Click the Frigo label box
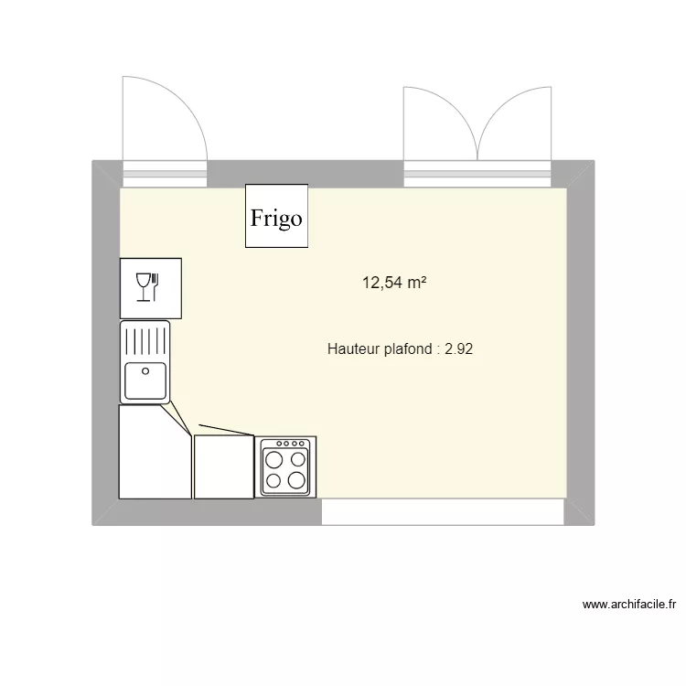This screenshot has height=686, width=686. click(x=276, y=216)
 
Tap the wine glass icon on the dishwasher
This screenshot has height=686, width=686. click(x=143, y=286)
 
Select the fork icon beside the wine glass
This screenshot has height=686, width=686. click(x=157, y=286)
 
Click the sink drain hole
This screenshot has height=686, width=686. click(x=145, y=370)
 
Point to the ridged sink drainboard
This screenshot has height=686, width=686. click(x=145, y=340)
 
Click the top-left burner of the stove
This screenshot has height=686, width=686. click(x=275, y=458)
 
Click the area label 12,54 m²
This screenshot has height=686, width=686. click(x=396, y=284)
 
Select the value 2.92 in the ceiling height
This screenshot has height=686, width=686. click(x=459, y=348)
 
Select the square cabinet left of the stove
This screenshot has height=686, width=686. click(x=223, y=466)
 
